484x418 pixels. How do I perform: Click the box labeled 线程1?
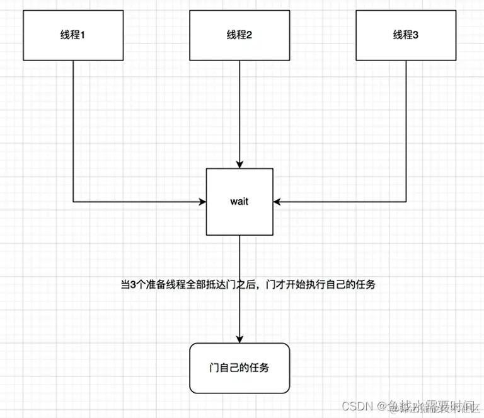click(72, 35)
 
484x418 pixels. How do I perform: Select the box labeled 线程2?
click(239, 35)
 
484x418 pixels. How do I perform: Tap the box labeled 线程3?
click(405, 35)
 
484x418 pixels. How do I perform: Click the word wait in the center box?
click(239, 202)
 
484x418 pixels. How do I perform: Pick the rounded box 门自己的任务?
click(239, 368)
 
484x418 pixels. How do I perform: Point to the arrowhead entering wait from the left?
click(202, 202)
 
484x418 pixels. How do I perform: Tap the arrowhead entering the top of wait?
click(239, 164)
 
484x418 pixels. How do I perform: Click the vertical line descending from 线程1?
click(73, 126)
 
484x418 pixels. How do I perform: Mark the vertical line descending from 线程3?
click(406, 126)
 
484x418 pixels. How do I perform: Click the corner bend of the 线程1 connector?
click(73, 202)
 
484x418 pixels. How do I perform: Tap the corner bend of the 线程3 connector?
click(406, 202)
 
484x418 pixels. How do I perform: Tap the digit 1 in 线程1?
click(82, 35)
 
